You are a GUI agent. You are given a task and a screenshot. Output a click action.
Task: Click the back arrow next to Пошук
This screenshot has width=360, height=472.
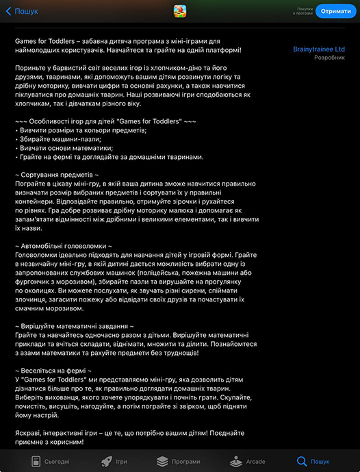tap(8, 11)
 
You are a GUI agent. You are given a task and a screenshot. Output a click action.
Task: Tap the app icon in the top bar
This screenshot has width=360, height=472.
tap(179, 10)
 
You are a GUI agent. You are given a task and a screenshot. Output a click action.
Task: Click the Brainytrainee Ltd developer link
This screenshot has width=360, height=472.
tap(318, 49)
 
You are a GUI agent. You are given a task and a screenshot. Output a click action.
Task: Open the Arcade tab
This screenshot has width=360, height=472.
tap(247, 461)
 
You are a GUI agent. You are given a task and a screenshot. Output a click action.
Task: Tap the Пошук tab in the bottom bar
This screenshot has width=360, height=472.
tap(312, 461)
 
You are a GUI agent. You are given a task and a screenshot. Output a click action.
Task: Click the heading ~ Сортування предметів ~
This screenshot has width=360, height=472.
tap(61, 175)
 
